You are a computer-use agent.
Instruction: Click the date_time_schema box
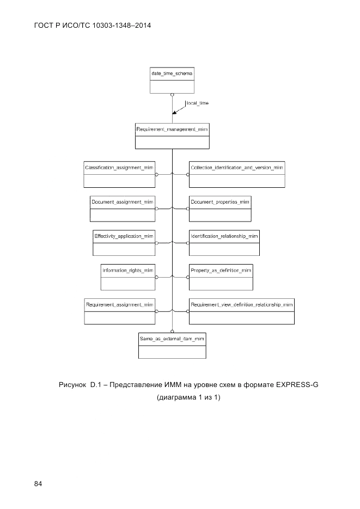[172, 80]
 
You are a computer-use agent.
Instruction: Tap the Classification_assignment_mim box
[120, 174]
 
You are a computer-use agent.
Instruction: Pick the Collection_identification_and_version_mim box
[236, 174]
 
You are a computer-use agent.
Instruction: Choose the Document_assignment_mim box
[123, 208]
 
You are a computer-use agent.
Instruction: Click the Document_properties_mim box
[220, 208]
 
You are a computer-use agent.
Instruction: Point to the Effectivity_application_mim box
[124, 243]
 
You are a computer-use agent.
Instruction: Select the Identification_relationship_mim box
[224, 243]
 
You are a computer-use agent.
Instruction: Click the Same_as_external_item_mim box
[172, 346]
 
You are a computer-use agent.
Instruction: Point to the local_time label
[197, 103]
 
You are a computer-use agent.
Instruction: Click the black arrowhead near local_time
[174, 113]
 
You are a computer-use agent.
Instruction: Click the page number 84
[38, 483]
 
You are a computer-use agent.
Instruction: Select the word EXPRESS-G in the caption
[297, 386]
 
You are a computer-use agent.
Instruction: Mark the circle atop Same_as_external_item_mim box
[172, 331]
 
